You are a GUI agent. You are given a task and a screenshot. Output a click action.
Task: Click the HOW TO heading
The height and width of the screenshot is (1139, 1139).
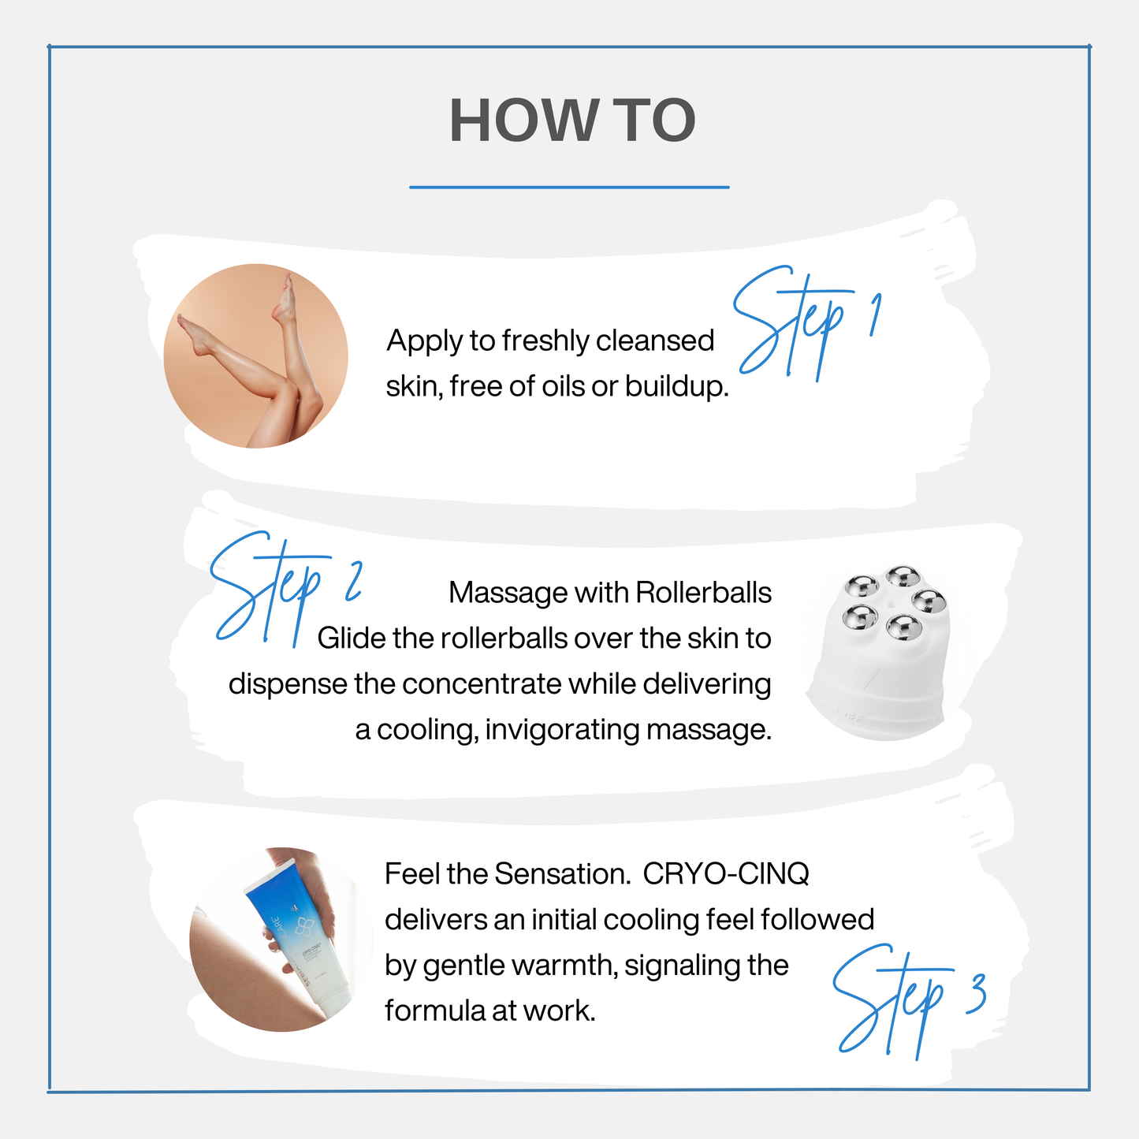(572, 121)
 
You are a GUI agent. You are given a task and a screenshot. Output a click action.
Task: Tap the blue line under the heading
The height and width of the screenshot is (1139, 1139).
(569, 188)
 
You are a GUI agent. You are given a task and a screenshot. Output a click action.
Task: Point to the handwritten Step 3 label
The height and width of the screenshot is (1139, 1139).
(906, 1001)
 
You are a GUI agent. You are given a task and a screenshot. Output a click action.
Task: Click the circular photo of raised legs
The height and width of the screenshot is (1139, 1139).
(256, 356)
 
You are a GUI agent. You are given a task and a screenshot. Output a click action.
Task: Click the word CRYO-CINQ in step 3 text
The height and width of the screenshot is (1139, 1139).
(726, 874)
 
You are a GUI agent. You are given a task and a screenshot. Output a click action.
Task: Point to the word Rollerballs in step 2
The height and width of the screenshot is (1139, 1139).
(703, 593)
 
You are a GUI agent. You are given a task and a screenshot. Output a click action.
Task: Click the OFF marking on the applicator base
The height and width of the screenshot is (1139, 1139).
(854, 717)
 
